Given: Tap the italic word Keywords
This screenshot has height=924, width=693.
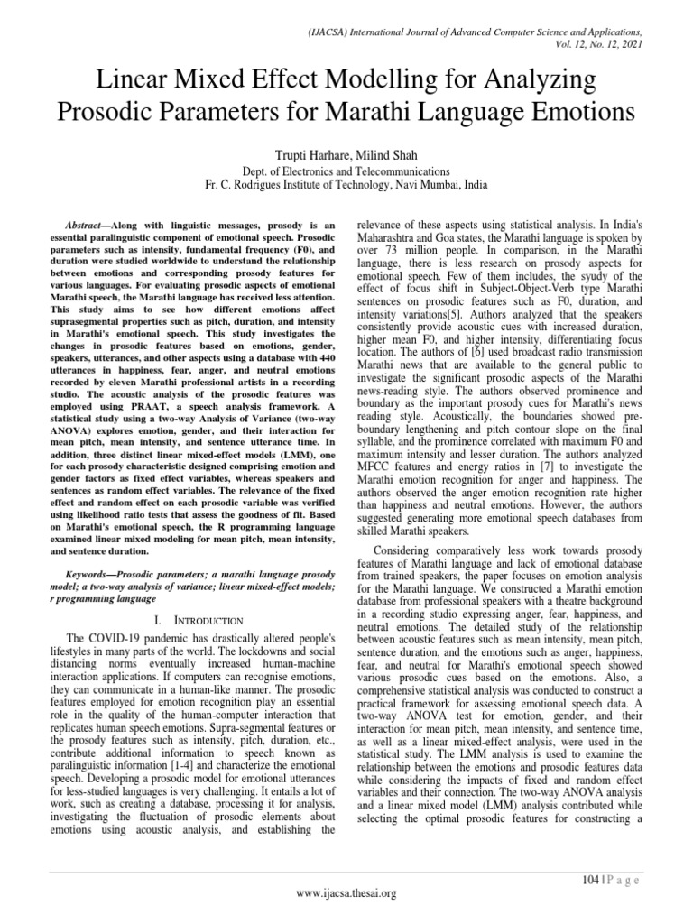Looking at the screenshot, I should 94,574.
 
